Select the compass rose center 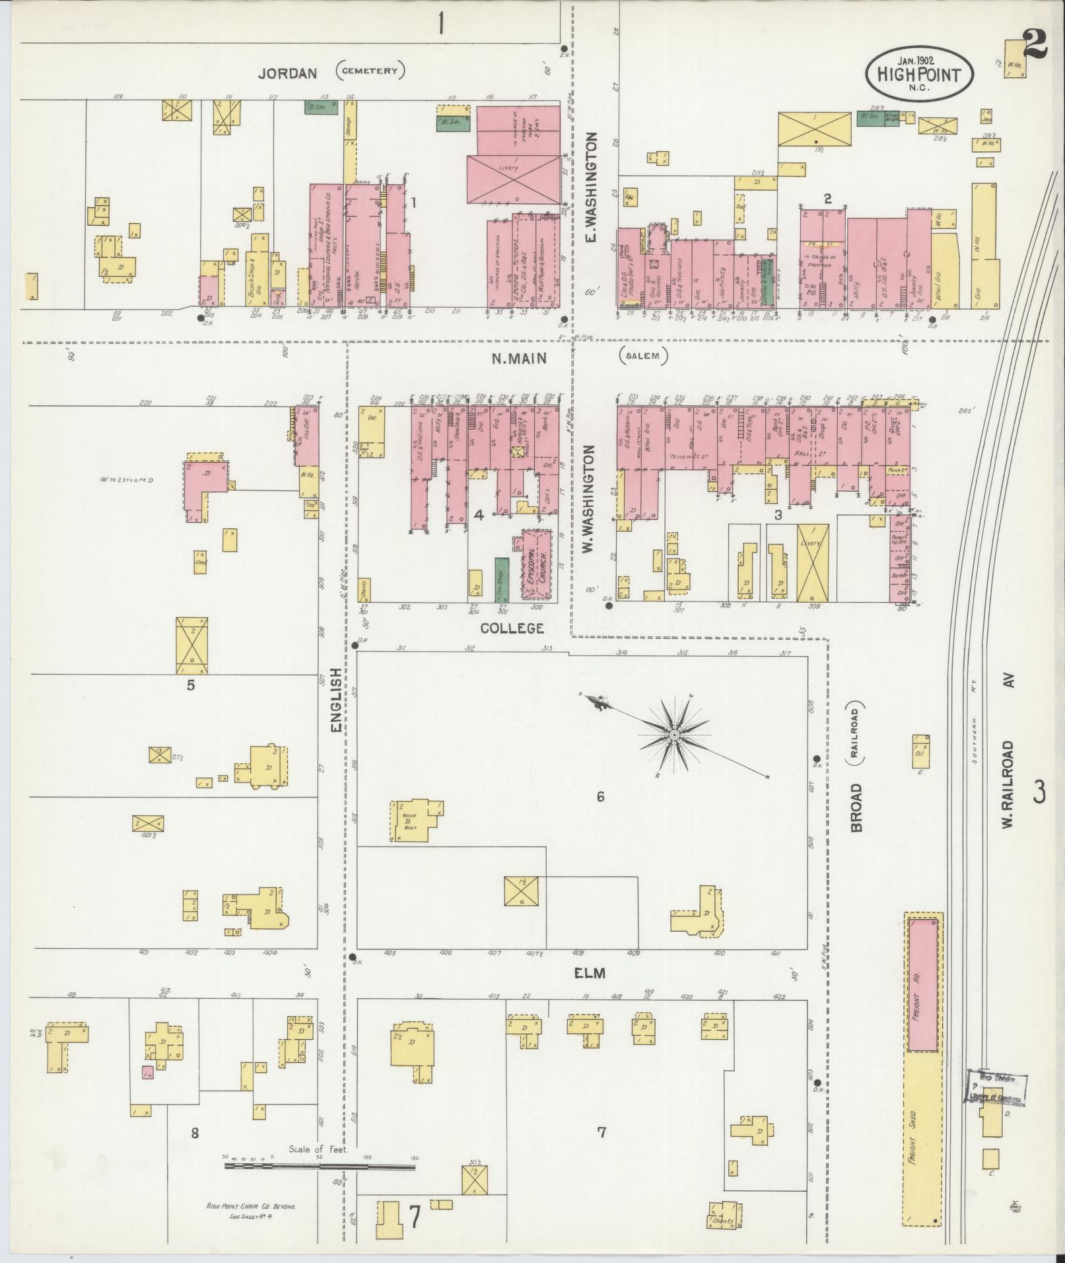tap(674, 735)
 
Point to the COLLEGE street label tap(512, 628)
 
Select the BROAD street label tap(856, 807)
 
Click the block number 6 tap(600, 797)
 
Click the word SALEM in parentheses tap(643, 357)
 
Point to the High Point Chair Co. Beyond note tap(250, 1207)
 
